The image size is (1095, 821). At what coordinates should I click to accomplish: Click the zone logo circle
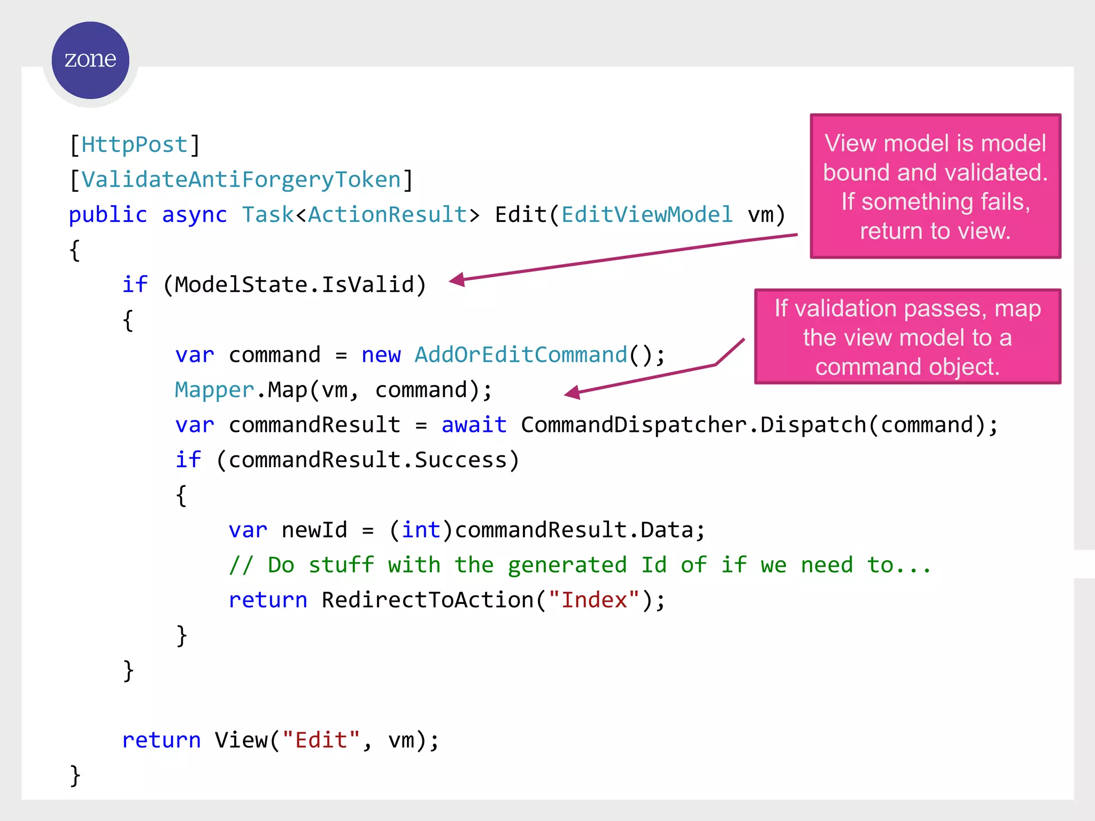point(90,60)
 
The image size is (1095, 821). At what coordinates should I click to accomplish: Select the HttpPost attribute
point(134,145)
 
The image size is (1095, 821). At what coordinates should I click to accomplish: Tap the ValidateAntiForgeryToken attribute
point(241,180)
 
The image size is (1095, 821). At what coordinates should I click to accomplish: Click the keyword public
point(107,215)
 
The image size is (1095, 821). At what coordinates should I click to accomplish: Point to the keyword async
point(194,215)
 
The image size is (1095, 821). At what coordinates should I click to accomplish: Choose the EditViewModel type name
point(646,215)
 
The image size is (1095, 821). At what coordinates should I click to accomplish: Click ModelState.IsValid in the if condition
point(295,285)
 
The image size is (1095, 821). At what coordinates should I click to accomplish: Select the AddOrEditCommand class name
point(521,355)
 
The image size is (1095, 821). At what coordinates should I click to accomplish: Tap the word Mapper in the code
point(214,390)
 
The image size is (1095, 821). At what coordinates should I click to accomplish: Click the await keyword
point(474,425)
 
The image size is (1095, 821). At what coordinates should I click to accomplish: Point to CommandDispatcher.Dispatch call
point(693,425)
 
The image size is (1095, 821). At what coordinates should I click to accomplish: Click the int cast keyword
point(421,530)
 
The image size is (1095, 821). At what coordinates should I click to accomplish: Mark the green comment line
point(580,566)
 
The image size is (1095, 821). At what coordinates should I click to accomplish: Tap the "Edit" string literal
point(321,740)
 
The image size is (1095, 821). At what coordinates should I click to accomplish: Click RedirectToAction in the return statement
point(428,600)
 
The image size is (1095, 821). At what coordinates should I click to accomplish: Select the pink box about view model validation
point(935,187)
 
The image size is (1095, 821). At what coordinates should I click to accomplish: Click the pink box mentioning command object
point(907,337)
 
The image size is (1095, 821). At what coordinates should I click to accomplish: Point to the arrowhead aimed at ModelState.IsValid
point(458,280)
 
